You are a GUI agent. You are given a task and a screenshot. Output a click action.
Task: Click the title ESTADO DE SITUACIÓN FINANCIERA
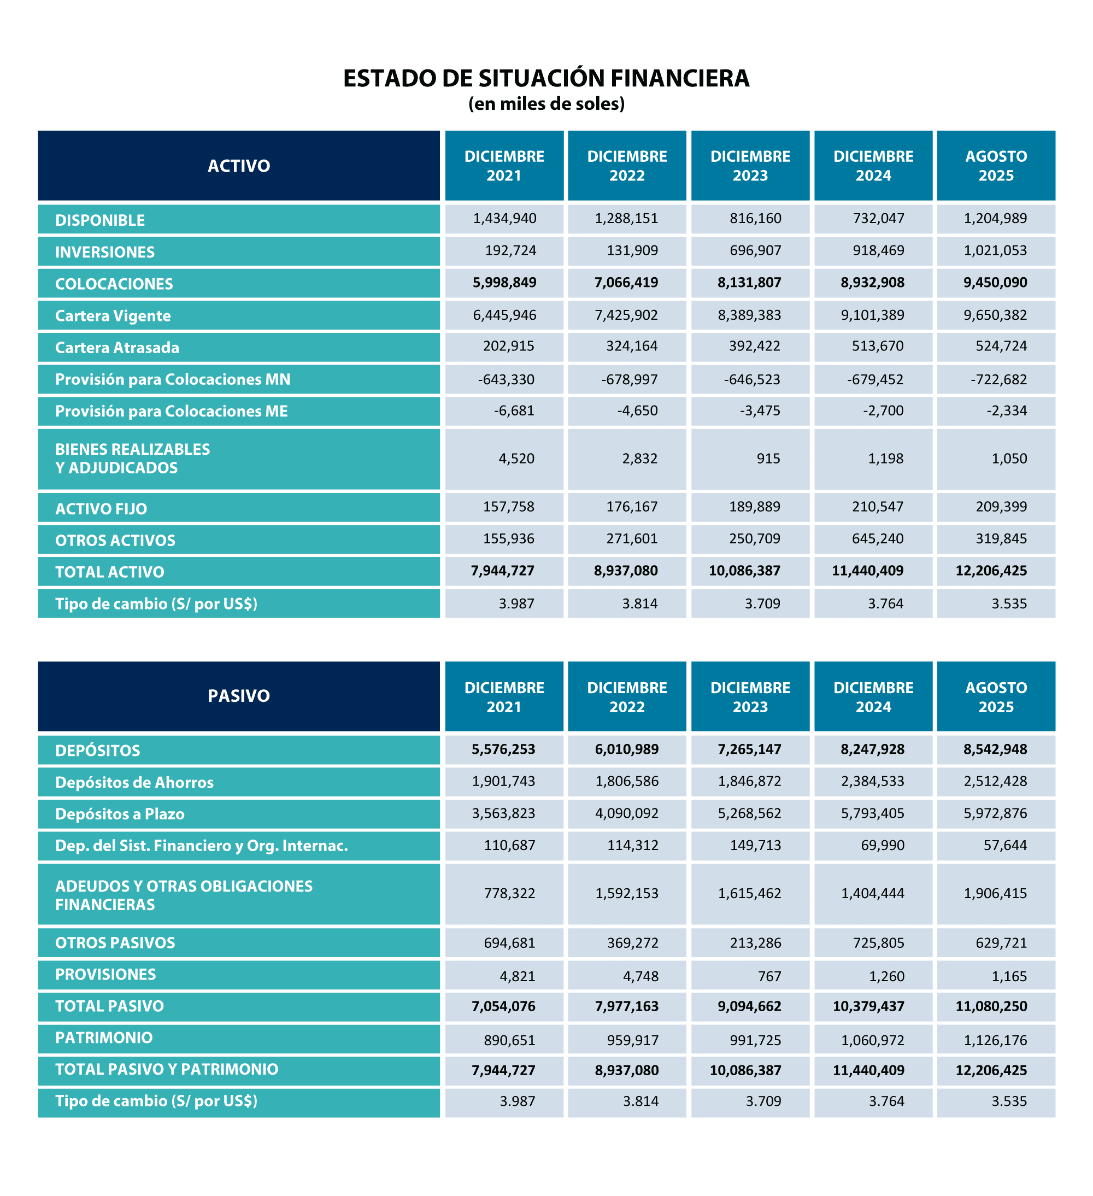coord(546,78)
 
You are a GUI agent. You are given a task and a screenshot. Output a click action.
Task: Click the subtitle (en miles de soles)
coord(546,104)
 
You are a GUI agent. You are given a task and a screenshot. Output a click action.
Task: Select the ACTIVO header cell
coord(238,166)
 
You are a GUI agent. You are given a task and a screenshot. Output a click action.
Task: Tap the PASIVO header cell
coord(238,695)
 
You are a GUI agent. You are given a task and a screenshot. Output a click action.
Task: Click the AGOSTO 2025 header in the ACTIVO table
coord(996,166)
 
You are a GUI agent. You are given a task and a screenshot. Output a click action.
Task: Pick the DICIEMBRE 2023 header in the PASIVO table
coord(750,696)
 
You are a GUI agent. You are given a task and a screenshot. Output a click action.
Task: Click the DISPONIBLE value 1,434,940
coord(504,218)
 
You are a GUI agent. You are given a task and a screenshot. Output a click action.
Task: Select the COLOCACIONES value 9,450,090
coord(995,283)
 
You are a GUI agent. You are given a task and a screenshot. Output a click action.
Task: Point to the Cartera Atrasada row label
coord(117,348)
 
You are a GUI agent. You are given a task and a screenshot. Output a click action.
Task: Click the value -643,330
coord(506,379)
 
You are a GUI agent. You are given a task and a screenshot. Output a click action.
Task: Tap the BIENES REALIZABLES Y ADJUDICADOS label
coord(132,459)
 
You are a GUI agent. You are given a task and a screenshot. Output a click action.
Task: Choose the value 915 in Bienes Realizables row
coord(768,459)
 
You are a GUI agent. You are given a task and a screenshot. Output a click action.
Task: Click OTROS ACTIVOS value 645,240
coord(877,538)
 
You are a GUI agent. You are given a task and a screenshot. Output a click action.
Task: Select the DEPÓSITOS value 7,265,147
coord(749,749)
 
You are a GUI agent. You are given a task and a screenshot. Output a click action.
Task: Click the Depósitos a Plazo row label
coord(120,814)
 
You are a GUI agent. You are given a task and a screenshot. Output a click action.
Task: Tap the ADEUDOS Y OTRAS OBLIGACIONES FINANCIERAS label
coord(183,895)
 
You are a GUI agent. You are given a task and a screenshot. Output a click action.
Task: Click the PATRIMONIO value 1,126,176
coord(995,1040)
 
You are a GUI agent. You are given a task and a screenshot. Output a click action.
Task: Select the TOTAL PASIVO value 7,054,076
coord(503,1006)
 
